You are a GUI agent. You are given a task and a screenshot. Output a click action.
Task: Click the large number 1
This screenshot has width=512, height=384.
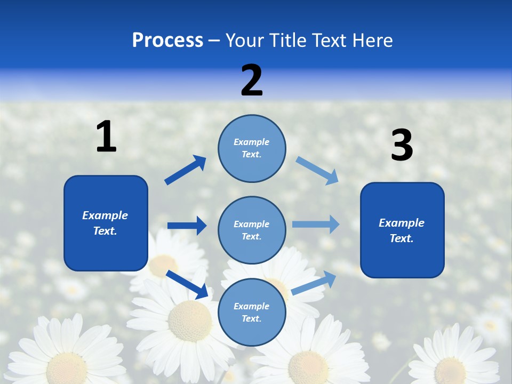[106, 137]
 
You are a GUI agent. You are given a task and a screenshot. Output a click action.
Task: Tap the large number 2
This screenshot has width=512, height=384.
[252, 81]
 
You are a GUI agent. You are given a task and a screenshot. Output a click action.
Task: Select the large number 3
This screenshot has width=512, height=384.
[402, 146]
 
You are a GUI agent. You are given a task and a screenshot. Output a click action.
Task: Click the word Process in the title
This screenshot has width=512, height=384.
[167, 41]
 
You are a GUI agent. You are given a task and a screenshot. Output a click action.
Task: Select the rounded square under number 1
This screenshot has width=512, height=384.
[106, 223]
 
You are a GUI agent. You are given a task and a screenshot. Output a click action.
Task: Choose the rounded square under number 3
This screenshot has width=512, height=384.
[402, 230]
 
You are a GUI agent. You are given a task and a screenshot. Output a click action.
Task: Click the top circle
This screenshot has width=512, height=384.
[252, 148]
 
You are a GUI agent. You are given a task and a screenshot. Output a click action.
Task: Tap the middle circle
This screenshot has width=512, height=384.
[252, 230]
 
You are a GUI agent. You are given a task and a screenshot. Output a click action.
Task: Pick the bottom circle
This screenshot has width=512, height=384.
[252, 313]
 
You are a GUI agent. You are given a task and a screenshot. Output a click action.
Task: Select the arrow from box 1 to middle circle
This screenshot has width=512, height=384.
[187, 226]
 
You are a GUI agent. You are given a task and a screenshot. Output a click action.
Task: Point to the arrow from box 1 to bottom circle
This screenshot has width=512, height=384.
[187, 284]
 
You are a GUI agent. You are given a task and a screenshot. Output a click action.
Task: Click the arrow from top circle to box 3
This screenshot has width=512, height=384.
[317, 171]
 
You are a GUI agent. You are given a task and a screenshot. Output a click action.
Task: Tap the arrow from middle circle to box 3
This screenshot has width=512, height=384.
[316, 225]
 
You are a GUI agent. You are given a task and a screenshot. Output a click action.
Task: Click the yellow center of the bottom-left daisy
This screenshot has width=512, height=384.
[66, 368]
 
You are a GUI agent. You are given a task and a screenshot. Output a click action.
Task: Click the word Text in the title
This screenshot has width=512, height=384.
[328, 41]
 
